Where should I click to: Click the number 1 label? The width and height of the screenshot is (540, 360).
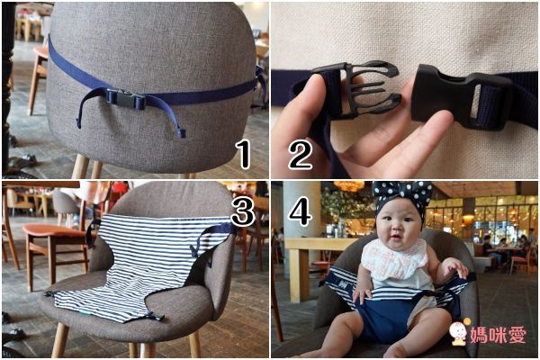(x=244, y=155)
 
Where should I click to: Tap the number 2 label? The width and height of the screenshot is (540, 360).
(x=301, y=155)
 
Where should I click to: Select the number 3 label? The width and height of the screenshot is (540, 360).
(x=243, y=211)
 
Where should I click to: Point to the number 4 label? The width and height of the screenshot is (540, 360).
(x=300, y=211)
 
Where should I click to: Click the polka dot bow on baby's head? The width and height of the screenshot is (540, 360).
(x=403, y=195)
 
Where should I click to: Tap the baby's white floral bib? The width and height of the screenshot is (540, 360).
(x=396, y=257)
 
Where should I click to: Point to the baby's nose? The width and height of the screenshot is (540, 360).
(x=396, y=228)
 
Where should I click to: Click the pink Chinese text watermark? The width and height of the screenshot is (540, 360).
(x=498, y=335)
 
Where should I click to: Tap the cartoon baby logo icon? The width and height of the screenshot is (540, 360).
(x=459, y=331)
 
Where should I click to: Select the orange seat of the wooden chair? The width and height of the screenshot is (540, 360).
(x=55, y=230)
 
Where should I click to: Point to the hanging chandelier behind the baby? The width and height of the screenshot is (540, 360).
(x=349, y=186)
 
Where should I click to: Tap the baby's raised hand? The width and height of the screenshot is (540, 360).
(x=454, y=269)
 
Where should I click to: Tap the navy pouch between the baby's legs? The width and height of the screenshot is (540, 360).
(x=382, y=318)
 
